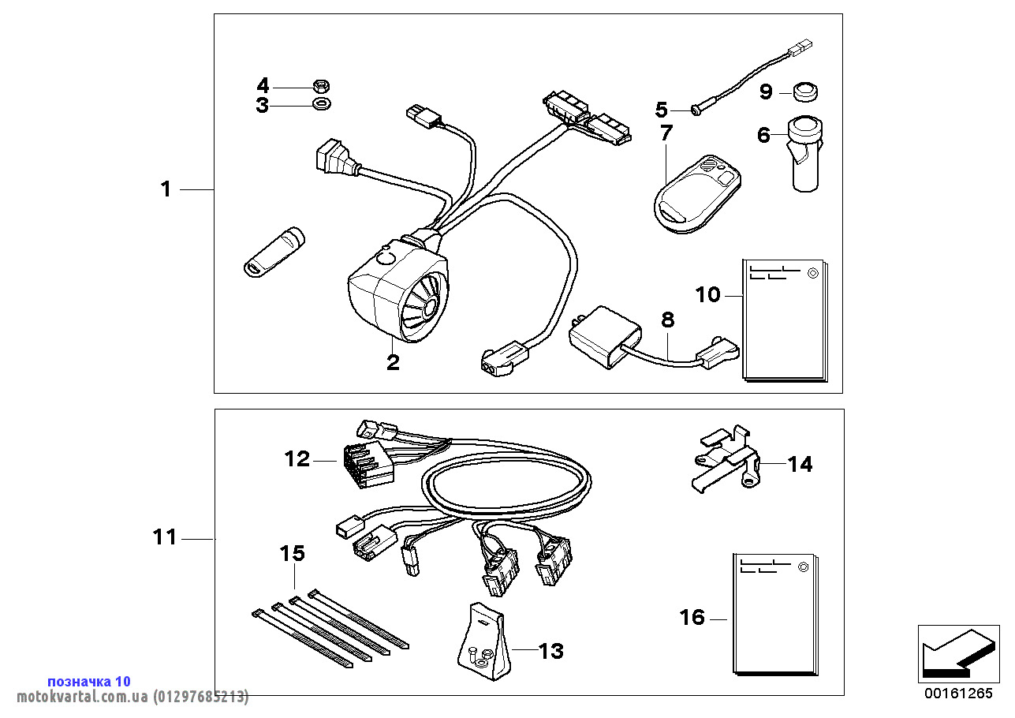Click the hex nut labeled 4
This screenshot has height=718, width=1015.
coord(321,86)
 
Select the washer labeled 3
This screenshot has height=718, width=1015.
coord(321,105)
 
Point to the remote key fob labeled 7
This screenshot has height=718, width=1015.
coord(697,194)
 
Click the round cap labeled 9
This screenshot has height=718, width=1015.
coord(805,92)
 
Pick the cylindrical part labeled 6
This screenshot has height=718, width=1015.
coord(805,154)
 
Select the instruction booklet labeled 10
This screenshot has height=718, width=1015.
coord(785,320)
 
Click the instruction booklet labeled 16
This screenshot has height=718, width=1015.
coord(776,614)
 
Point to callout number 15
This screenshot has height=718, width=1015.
coord(293,553)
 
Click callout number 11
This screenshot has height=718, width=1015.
coord(165,537)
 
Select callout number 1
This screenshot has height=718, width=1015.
coord(166,189)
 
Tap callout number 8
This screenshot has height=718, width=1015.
coord(668,320)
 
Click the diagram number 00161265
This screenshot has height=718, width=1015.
coord(958,694)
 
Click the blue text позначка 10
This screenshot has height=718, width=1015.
coord(89,681)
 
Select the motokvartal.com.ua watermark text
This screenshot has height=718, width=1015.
coord(132,697)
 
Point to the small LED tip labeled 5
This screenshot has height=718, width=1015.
coord(696,110)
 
